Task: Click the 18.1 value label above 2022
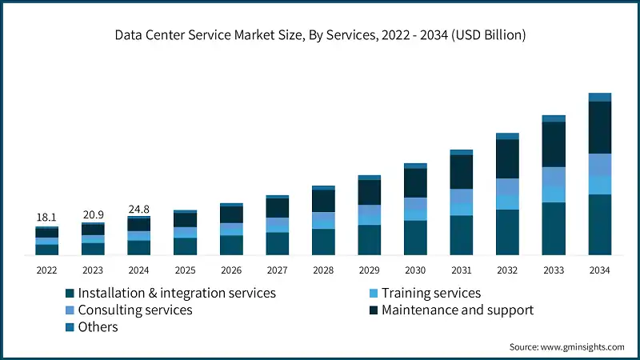point(46,218)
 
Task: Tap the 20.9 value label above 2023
point(93,215)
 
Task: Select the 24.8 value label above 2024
point(138,210)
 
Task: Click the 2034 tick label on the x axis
point(599,270)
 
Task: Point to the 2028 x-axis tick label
point(323,270)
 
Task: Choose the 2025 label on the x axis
point(185,270)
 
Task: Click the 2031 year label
point(461,270)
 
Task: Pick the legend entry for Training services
point(430,293)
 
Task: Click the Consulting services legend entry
point(135,310)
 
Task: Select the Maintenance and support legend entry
point(457,310)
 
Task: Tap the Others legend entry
point(98,326)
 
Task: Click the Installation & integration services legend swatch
point(70,294)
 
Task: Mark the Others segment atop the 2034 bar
point(599,97)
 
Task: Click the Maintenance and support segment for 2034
point(599,127)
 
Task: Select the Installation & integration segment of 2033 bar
point(554,229)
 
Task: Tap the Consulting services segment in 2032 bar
point(507,186)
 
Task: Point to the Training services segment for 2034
point(599,185)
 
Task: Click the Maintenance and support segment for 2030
point(415,183)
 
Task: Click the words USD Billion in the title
point(490,35)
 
